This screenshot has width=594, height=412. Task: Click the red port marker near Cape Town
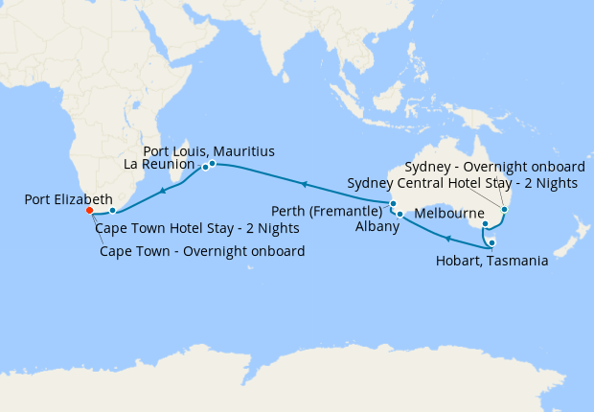click(x=88, y=211)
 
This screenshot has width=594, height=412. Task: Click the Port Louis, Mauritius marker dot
click(x=212, y=164)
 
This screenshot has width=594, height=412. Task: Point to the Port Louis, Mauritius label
click(x=209, y=151)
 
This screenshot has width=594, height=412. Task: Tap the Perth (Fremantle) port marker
click(x=393, y=203)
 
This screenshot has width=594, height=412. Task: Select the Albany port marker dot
click(x=400, y=214)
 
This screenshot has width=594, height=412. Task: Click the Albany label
click(x=376, y=226)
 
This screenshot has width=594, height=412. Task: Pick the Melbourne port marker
click(x=486, y=225)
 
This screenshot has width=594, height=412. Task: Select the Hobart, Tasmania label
click(x=491, y=260)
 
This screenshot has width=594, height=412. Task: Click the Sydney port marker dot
click(x=504, y=209)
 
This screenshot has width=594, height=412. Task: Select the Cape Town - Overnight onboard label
click(x=202, y=251)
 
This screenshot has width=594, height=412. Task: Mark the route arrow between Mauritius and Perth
click(x=304, y=183)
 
